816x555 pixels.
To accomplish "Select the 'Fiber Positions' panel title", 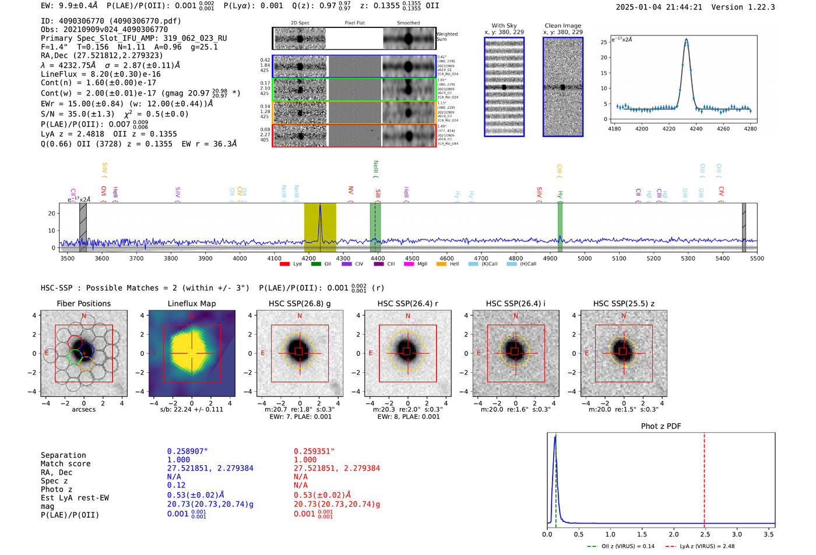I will tap(83, 304).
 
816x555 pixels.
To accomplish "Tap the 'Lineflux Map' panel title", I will tap(192, 304).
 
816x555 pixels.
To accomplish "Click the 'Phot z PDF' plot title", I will tap(661, 426).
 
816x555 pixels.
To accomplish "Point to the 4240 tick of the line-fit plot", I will tap(696, 129).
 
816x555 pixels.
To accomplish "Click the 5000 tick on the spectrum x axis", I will tap(585, 259).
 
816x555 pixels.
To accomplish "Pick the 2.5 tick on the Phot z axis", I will tap(704, 534).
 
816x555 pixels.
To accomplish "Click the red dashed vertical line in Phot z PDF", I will tap(704, 478).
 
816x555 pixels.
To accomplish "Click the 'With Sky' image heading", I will tap(504, 26).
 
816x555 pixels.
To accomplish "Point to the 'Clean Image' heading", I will tap(562, 26).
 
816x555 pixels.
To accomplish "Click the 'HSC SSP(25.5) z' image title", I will tap(624, 304).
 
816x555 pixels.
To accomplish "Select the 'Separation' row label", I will tap(63, 455).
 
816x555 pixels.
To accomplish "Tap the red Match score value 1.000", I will tap(305, 460).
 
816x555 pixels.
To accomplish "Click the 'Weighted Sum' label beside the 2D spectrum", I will tap(447, 37).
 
